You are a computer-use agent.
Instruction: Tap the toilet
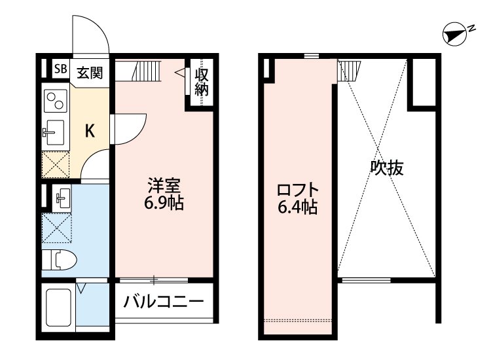point(60,261)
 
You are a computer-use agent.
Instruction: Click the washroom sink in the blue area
point(64,196)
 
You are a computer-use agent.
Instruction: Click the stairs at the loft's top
point(349,69)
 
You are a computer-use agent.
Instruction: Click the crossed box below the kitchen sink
point(56,164)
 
